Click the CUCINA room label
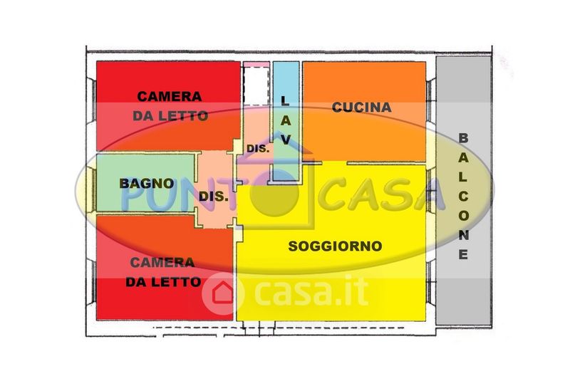(362, 108)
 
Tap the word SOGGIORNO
(335, 246)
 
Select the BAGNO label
(147, 183)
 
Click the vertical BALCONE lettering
(463, 196)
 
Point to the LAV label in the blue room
(285, 121)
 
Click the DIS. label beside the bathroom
(214, 197)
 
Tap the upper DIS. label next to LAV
(257, 149)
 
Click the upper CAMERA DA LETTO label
(170, 105)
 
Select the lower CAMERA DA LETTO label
(163, 271)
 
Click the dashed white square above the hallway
(255, 85)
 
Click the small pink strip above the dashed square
(256, 65)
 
